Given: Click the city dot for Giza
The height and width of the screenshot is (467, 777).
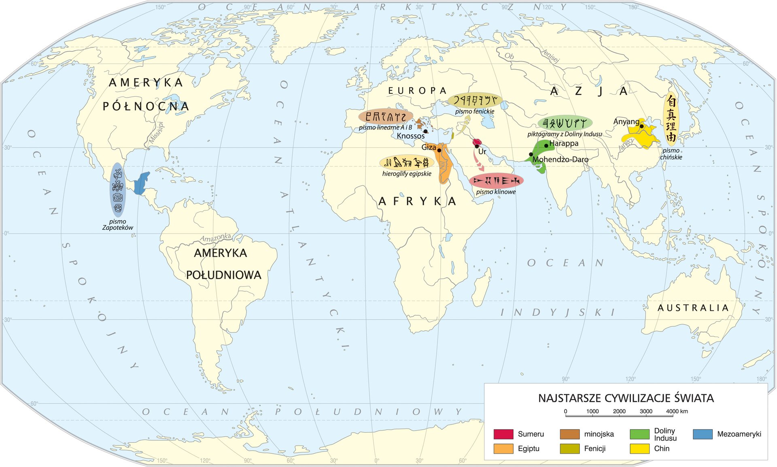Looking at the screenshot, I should [439, 150].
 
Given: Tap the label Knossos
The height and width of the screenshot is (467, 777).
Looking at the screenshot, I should [410, 136].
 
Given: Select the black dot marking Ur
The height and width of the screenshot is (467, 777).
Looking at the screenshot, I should [477, 146].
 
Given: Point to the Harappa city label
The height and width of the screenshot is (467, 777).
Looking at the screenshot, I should [564, 143].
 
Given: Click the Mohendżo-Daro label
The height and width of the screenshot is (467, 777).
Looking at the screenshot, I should [560, 159].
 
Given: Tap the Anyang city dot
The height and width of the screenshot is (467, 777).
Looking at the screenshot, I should [641, 126].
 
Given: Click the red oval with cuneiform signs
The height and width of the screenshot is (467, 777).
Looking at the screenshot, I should [496, 180].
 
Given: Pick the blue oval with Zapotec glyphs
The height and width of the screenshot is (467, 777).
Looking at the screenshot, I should [118, 190].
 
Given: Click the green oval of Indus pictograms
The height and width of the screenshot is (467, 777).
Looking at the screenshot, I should [565, 123].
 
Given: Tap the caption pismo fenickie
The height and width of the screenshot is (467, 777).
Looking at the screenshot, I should [475, 111].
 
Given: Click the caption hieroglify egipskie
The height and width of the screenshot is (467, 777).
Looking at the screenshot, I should [407, 174].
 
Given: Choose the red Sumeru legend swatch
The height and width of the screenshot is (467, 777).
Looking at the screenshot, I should [503, 434].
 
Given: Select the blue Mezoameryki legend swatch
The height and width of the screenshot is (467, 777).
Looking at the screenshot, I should [703, 434].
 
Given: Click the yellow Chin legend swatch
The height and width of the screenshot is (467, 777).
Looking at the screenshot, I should [639, 448].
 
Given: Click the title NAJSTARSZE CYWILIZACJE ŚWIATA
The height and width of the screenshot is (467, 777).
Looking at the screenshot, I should [626, 398].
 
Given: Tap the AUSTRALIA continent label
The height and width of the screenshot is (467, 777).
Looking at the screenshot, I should [693, 308].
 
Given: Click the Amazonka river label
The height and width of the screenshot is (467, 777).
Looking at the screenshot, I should [215, 238].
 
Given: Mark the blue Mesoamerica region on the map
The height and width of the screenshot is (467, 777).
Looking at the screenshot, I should [141, 183].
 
